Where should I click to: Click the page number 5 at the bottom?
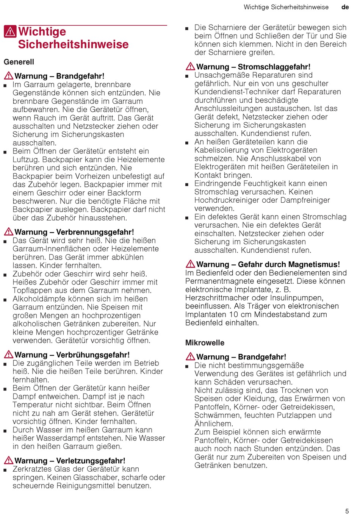347,511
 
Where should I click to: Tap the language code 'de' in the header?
345,7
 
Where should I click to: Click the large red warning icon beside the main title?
10,31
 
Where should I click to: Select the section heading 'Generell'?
19,62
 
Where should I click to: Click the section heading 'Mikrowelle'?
205,343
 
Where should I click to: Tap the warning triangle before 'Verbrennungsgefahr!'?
8,232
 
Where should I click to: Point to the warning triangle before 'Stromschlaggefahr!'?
190,67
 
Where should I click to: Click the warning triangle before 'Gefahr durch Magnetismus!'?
190,264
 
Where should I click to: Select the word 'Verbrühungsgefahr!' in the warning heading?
93,355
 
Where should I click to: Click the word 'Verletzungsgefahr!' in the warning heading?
91,461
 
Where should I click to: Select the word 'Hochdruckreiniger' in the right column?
226,200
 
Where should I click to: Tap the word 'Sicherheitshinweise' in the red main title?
73,44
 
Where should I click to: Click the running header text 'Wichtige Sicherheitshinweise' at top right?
286,7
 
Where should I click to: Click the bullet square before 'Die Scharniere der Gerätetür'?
187,28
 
